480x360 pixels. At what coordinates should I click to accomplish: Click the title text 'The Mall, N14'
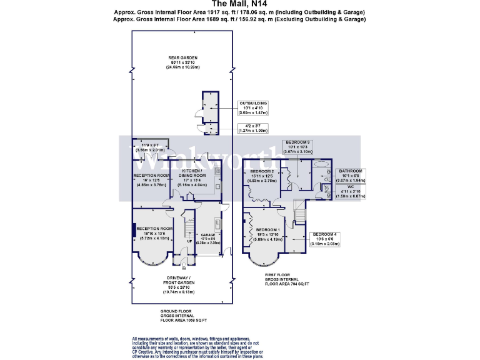pos(240,4)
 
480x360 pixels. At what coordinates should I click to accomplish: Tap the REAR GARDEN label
pos(183,62)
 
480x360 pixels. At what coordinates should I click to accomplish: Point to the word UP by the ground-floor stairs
pos(189,241)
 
